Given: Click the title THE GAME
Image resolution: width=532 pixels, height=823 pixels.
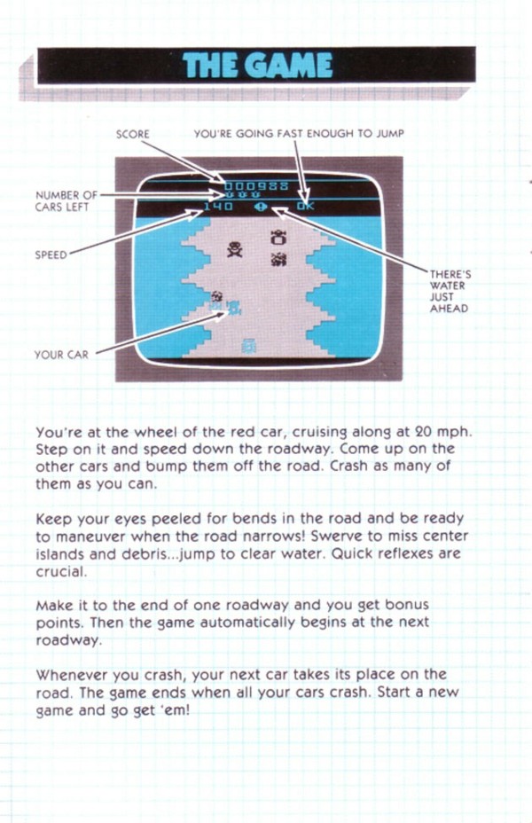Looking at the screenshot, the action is click(x=258, y=66).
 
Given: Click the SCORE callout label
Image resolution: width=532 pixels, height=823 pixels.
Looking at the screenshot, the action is click(x=133, y=135).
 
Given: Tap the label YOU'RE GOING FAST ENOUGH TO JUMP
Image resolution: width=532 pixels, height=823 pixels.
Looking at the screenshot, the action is click(x=299, y=133).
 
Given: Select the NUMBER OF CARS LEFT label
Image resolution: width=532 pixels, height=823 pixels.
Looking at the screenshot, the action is click(x=66, y=201).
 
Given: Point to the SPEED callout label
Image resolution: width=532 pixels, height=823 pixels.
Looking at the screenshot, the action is click(x=51, y=255).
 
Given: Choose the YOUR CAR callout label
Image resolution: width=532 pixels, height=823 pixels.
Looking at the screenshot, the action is click(x=61, y=355).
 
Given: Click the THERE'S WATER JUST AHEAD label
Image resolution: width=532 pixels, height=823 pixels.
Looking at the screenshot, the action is click(x=450, y=291).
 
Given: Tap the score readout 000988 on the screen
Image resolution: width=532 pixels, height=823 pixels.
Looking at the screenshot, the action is click(x=256, y=186).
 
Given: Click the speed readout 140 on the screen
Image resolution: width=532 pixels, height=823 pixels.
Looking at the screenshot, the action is click(x=218, y=207).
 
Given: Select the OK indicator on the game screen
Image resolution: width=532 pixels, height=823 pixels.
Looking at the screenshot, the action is click(x=305, y=207).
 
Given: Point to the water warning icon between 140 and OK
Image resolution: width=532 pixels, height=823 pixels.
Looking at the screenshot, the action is click(x=261, y=207).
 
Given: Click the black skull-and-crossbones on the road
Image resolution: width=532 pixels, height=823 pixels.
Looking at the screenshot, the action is click(x=235, y=249).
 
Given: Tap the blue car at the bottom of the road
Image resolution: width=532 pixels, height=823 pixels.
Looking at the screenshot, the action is click(x=248, y=345).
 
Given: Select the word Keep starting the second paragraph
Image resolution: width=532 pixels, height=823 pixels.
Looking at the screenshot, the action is click(x=54, y=519).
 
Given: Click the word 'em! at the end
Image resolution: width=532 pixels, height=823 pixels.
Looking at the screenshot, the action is click(x=174, y=710).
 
